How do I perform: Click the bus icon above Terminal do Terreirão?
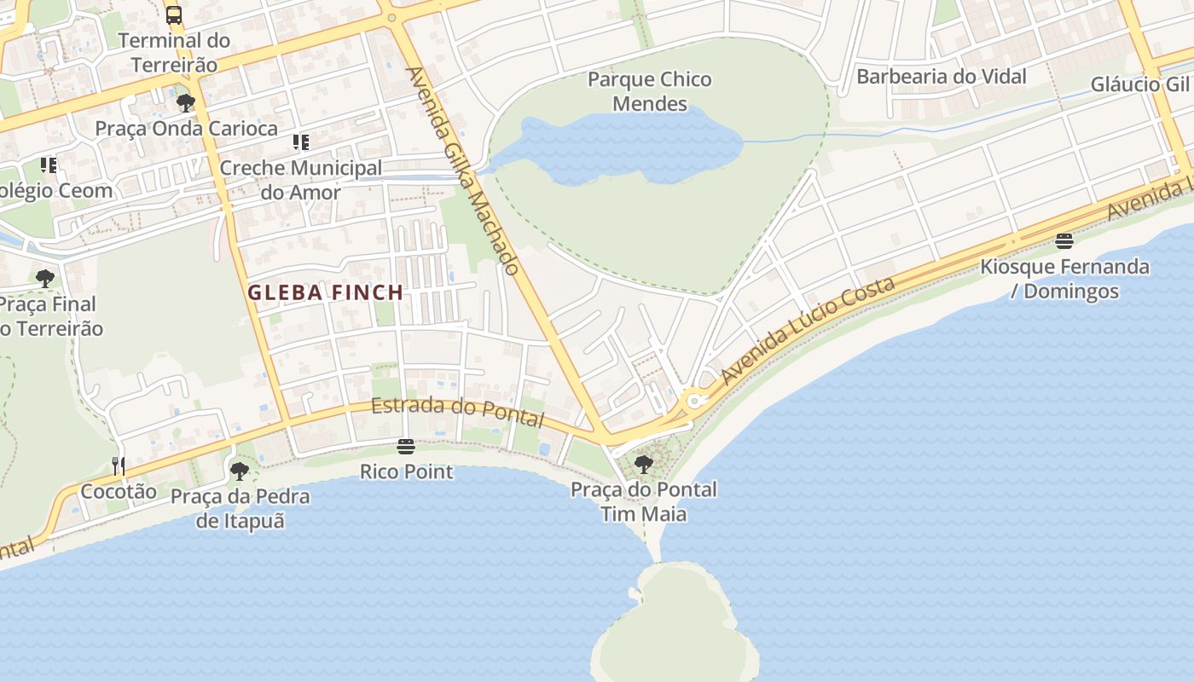pos(174,14)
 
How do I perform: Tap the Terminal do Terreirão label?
pos(174,52)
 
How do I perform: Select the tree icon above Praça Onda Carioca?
pos(185,104)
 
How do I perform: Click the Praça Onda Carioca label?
pos(186,129)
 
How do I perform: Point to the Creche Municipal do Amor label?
pos(300,180)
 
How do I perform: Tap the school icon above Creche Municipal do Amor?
pos(300,142)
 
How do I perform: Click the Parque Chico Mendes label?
pos(650,91)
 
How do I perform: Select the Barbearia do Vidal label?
pos(941,76)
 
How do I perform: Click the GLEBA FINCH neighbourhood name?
pos(325,292)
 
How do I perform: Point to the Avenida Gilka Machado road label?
pos(462,171)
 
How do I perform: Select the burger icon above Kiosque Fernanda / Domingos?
pos(1064,241)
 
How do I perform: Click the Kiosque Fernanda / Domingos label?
pos(1064,279)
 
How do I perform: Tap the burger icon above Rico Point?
pos(406,447)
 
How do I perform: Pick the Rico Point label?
pos(406,471)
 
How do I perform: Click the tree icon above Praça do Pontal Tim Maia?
pos(644,465)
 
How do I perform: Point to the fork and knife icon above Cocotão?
pos(119,465)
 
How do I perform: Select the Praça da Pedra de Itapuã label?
pos(240,508)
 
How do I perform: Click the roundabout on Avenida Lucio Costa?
pos(693,401)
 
